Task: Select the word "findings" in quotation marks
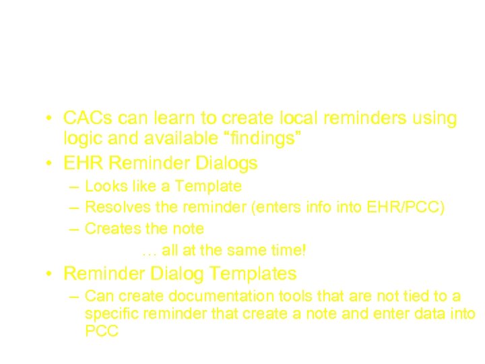click(x=261, y=140)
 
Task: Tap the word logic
click(x=83, y=140)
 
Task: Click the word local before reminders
click(x=300, y=119)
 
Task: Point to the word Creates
click(x=110, y=229)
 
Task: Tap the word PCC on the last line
click(x=102, y=332)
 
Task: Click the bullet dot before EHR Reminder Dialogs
click(x=49, y=164)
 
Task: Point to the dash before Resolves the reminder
click(x=73, y=207)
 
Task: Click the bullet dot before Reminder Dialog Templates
click(x=49, y=274)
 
